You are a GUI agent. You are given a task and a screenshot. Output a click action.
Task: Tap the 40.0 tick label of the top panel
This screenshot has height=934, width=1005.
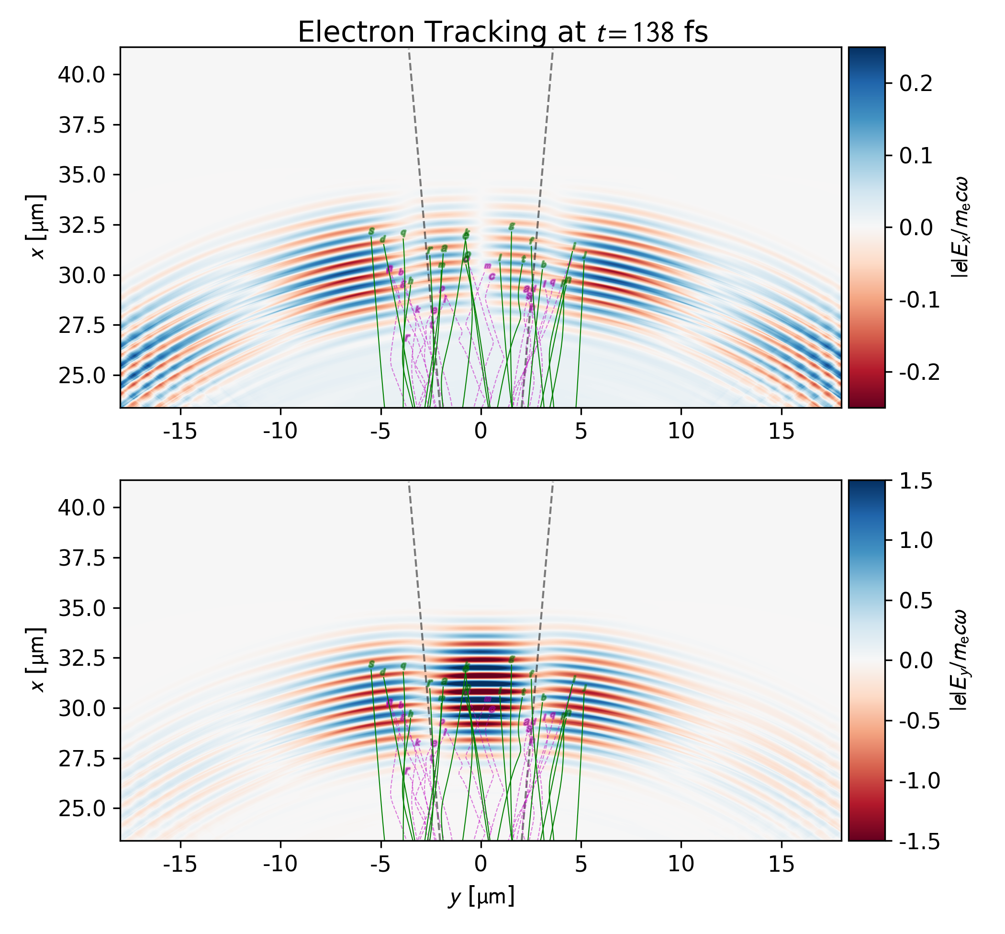tap(81, 75)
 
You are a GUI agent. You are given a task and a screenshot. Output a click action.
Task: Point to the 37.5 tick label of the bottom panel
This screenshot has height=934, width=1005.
tap(81, 558)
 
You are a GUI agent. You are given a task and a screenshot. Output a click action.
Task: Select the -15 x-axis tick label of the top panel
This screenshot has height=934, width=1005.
tap(180, 431)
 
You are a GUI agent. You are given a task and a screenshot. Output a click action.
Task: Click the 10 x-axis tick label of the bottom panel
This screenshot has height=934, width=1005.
tap(681, 864)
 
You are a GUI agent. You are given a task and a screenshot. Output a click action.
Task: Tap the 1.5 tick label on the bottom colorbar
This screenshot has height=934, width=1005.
tap(916, 482)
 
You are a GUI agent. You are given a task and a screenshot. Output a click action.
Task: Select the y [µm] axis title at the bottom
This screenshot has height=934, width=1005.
tap(481, 897)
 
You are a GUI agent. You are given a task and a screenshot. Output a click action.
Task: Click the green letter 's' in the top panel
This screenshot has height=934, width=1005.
tap(372, 231)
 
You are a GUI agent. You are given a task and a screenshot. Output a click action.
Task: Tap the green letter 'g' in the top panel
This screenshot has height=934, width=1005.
tap(512, 227)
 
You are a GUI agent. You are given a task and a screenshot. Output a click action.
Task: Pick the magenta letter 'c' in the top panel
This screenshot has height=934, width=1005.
tap(491, 276)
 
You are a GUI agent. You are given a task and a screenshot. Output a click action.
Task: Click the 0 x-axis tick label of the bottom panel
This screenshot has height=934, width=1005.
tap(481, 864)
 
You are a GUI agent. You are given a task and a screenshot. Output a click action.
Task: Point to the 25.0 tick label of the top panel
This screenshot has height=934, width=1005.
tap(81, 376)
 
